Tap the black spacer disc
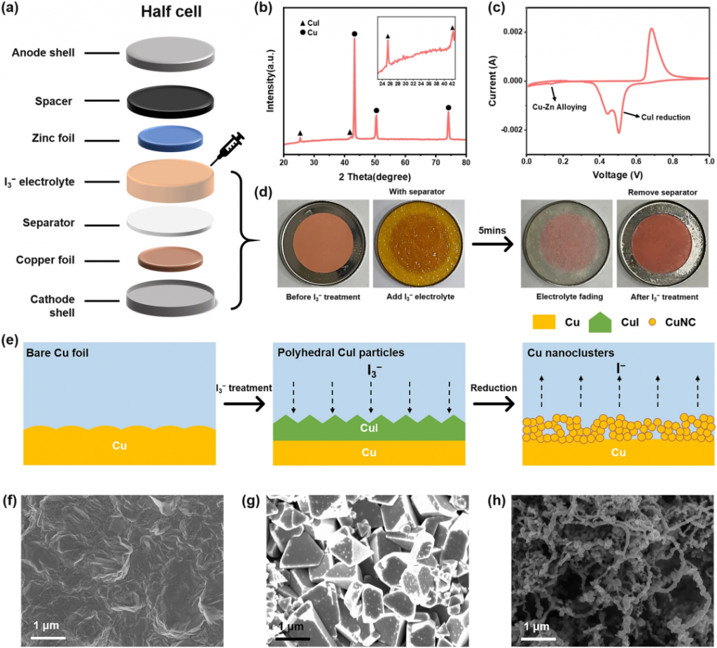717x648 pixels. click(170, 102)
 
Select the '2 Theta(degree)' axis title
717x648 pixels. click(373, 175)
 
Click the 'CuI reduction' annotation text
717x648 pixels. click(666, 116)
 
